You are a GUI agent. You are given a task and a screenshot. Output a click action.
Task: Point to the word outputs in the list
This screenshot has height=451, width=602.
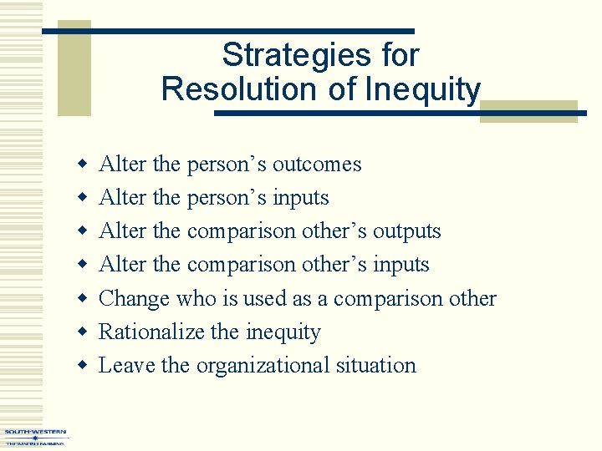pyautogui.click(x=406, y=231)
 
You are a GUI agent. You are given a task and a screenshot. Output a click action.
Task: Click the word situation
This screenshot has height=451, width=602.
pyautogui.click(x=376, y=365)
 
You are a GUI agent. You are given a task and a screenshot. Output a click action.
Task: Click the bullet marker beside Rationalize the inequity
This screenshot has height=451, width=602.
pyautogui.click(x=82, y=332)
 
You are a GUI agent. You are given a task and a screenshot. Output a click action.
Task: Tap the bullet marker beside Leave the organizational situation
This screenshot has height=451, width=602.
pyautogui.click(x=82, y=366)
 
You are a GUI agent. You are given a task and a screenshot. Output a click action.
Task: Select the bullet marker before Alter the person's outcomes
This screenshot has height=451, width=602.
pyautogui.click(x=82, y=165)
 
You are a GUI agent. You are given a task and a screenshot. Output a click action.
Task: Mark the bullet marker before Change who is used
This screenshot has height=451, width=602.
pyautogui.click(x=82, y=299)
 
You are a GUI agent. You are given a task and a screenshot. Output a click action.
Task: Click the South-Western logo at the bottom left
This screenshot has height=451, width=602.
pyautogui.click(x=35, y=437)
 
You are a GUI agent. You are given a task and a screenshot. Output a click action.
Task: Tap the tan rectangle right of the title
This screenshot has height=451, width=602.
pyautogui.click(x=528, y=111)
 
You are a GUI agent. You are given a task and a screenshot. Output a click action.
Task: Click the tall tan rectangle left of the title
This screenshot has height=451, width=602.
pyautogui.click(x=74, y=68)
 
